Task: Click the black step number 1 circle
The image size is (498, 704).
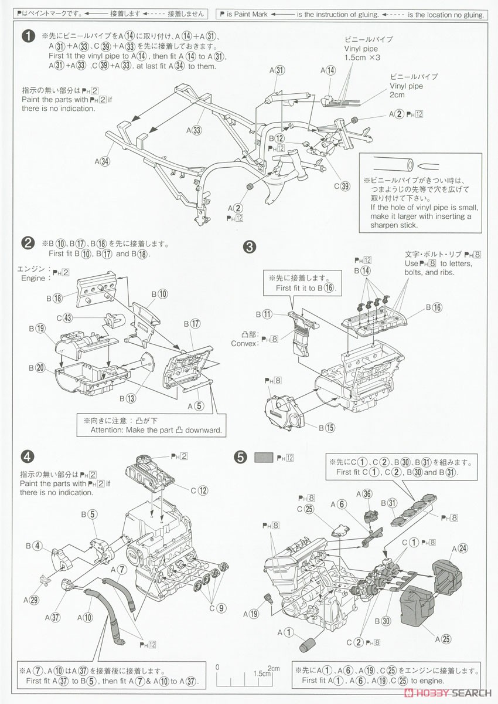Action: pyautogui.click(x=28, y=36)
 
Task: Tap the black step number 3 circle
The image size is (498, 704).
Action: pyautogui.click(x=250, y=247)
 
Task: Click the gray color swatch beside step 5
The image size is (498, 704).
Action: pyautogui.click(x=264, y=456)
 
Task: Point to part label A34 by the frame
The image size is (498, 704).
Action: pyautogui.click(x=102, y=161)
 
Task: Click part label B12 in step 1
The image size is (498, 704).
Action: pyautogui.click(x=276, y=138)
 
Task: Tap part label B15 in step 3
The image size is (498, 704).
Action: pyautogui.click(x=326, y=427)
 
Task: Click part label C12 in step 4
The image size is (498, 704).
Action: pyautogui.click(x=199, y=490)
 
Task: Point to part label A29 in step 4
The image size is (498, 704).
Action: pyautogui.click(x=31, y=599)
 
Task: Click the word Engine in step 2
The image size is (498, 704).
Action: pyautogui.click(x=33, y=278)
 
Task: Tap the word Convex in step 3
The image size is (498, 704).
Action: pyautogui.click(x=244, y=343)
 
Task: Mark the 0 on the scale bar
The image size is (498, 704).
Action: pyautogui.click(x=217, y=668)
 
